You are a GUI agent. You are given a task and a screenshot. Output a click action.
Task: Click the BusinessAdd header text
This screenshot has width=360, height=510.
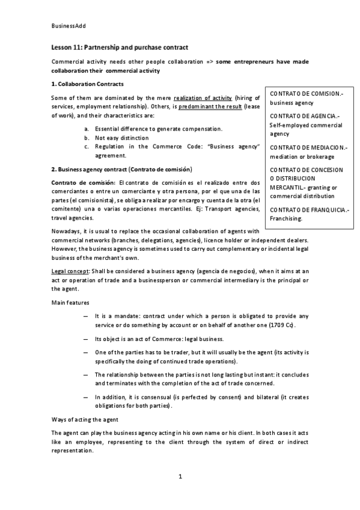[x=67, y=26]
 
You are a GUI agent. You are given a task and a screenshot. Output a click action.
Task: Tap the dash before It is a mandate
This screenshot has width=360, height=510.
[x=88, y=316]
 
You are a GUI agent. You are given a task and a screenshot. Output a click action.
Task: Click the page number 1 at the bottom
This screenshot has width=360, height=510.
[x=180, y=477]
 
